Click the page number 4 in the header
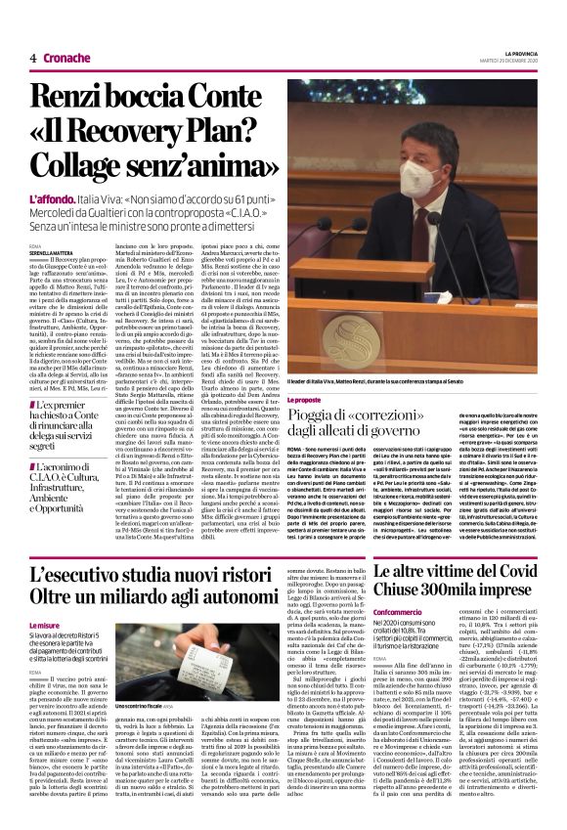33,58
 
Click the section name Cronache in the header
67,58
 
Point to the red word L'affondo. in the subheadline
55,197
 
